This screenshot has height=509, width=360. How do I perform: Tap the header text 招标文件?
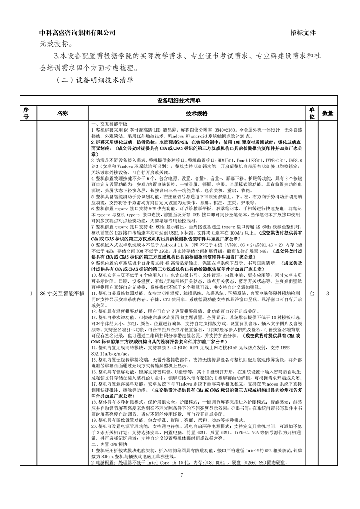point(303,33)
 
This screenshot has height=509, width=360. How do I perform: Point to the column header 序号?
point(26,113)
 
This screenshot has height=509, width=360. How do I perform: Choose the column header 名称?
point(62,113)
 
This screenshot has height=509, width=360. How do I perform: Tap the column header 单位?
point(312,113)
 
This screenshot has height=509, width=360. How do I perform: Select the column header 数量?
point(328,113)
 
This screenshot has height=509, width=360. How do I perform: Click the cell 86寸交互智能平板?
point(62,294)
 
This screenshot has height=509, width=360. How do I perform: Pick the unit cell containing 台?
point(312,294)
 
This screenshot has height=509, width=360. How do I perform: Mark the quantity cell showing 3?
point(328,294)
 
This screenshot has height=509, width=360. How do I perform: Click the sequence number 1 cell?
point(26,294)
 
